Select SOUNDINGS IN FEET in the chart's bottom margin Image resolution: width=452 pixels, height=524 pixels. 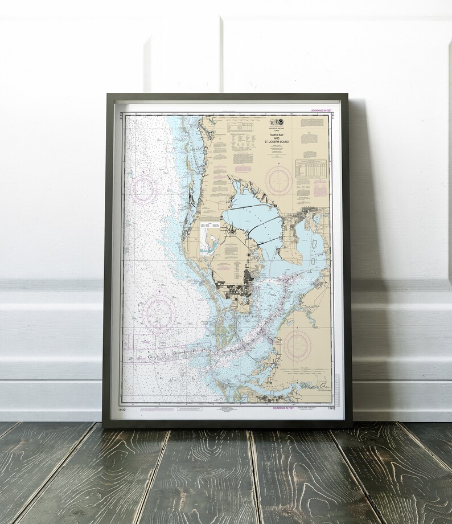(283, 408)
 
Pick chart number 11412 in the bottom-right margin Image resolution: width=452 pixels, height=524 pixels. (331, 408)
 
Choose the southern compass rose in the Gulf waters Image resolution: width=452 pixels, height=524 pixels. (158, 311)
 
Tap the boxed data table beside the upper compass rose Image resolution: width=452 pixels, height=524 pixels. (310, 169)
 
